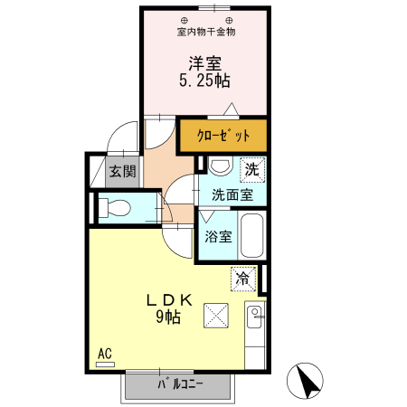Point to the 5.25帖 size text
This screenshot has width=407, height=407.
(x=204, y=80)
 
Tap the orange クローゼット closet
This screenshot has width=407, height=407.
(x=222, y=137)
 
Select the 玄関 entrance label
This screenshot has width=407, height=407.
(x=122, y=171)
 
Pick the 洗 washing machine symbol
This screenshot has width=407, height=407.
(x=251, y=167)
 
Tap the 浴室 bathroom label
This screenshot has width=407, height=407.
(x=218, y=237)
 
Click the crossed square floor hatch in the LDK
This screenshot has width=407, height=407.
(x=217, y=317)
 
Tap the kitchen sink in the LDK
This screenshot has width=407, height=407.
(x=254, y=316)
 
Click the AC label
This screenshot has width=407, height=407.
(x=104, y=353)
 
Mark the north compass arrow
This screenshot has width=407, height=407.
(x=308, y=381)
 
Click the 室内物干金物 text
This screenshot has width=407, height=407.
(x=205, y=32)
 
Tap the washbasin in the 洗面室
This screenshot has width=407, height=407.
(x=219, y=166)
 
